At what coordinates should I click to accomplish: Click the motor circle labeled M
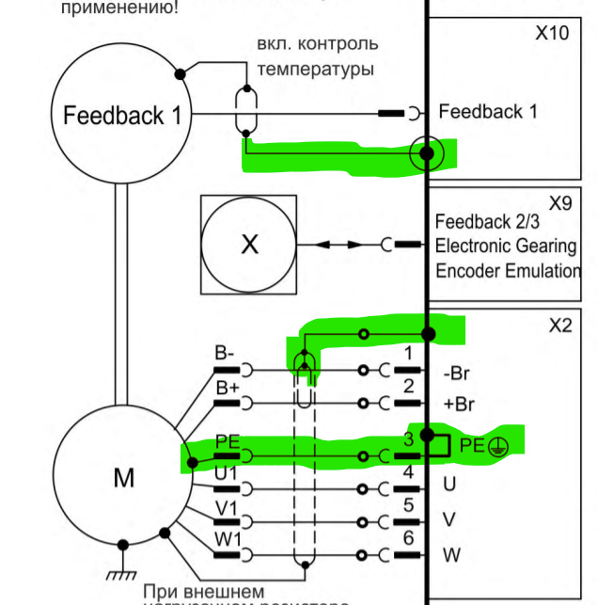[122, 479]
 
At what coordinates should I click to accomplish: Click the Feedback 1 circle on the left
[122, 116]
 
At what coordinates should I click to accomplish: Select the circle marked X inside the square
[249, 245]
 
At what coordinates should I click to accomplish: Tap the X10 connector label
[552, 33]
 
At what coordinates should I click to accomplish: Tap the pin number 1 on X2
[408, 353]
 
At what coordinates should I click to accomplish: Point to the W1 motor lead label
[228, 540]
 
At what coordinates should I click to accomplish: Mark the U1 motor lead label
[226, 474]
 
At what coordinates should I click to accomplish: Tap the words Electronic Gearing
[506, 247]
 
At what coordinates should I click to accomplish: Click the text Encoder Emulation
[508, 271]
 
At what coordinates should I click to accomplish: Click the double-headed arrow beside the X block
[338, 245]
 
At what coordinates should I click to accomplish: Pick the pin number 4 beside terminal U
[408, 470]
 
